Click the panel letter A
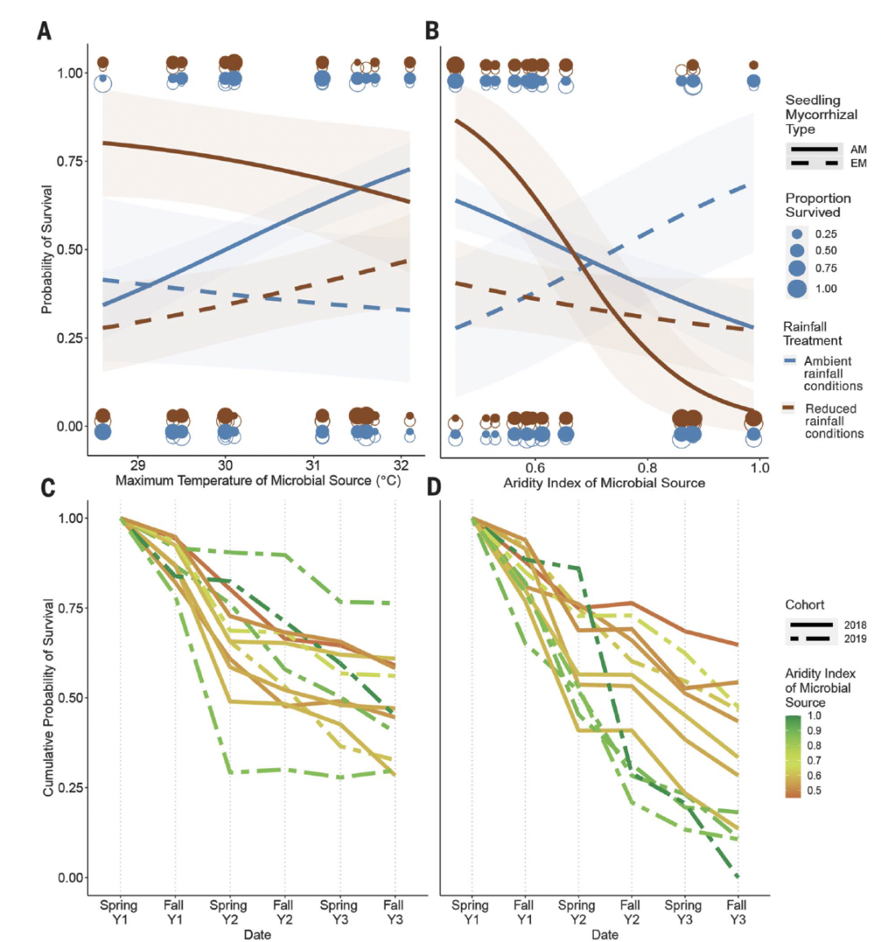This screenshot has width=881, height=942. pyautogui.click(x=44, y=31)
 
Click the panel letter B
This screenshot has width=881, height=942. pyautogui.click(x=432, y=31)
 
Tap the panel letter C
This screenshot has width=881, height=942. pyautogui.click(x=47, y=488)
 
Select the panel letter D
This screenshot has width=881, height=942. pyautogui.click(x=433, y=488)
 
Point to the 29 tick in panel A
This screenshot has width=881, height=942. pyautogui.click(x=137, y=465)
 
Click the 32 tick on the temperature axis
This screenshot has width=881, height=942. pyautogui.click(x=401, y=465)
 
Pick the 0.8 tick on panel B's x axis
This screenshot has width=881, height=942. pyautogui.click(x=647, y=467)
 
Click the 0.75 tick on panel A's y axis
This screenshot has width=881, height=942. pyautogui.click(x=69, y=161)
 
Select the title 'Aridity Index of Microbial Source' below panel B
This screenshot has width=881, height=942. pyautogui.click(x=604, y=483)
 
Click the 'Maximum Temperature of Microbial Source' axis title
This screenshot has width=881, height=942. pyautogui.click(x=258, y=480)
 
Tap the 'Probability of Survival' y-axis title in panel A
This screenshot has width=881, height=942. pyautogui.click(x=47, y=250)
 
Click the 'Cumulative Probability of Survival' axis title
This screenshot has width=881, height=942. pyautogui.click(x=49, y=698)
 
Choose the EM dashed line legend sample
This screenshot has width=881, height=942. pyautogui.click(x=813, y=163)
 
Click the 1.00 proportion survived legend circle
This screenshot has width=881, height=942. pyautogui.click(x=797, y=288)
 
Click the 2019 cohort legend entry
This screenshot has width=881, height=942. pyautogui.click(x=855, y=639)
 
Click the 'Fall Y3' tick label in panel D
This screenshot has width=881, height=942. pyautogui.click(x=736, y=912)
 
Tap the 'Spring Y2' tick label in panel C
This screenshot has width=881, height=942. pyautogui.click(x=228, y=912)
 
